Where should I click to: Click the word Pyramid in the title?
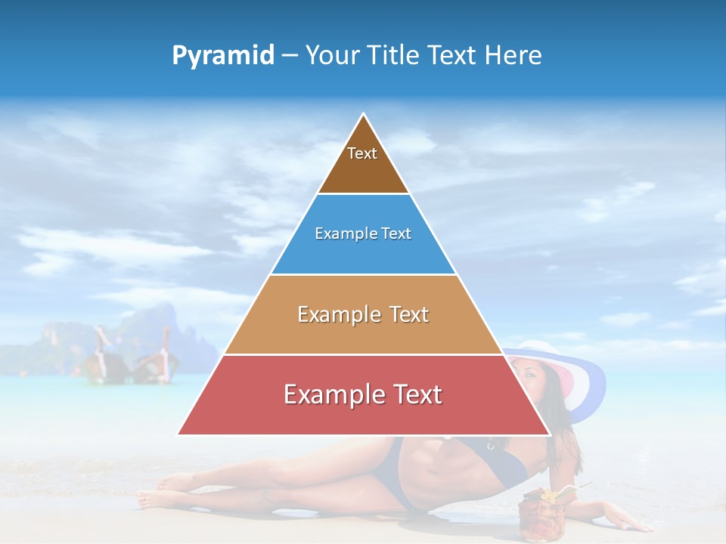pyautogui.click(x=223, y=56)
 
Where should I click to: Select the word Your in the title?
pyautogui.click(x=334, y=56)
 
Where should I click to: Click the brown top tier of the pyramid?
pyautogui.click(x=363, y=170)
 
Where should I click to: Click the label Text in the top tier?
pyautogui.click(x=362, y=153)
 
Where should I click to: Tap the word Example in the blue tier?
pyautogui.click(x=340, y=234)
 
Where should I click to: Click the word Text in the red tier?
pyautogui.click(x=411, y=394)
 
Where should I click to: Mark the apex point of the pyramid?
pyautogui.click(x=364, y=114)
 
